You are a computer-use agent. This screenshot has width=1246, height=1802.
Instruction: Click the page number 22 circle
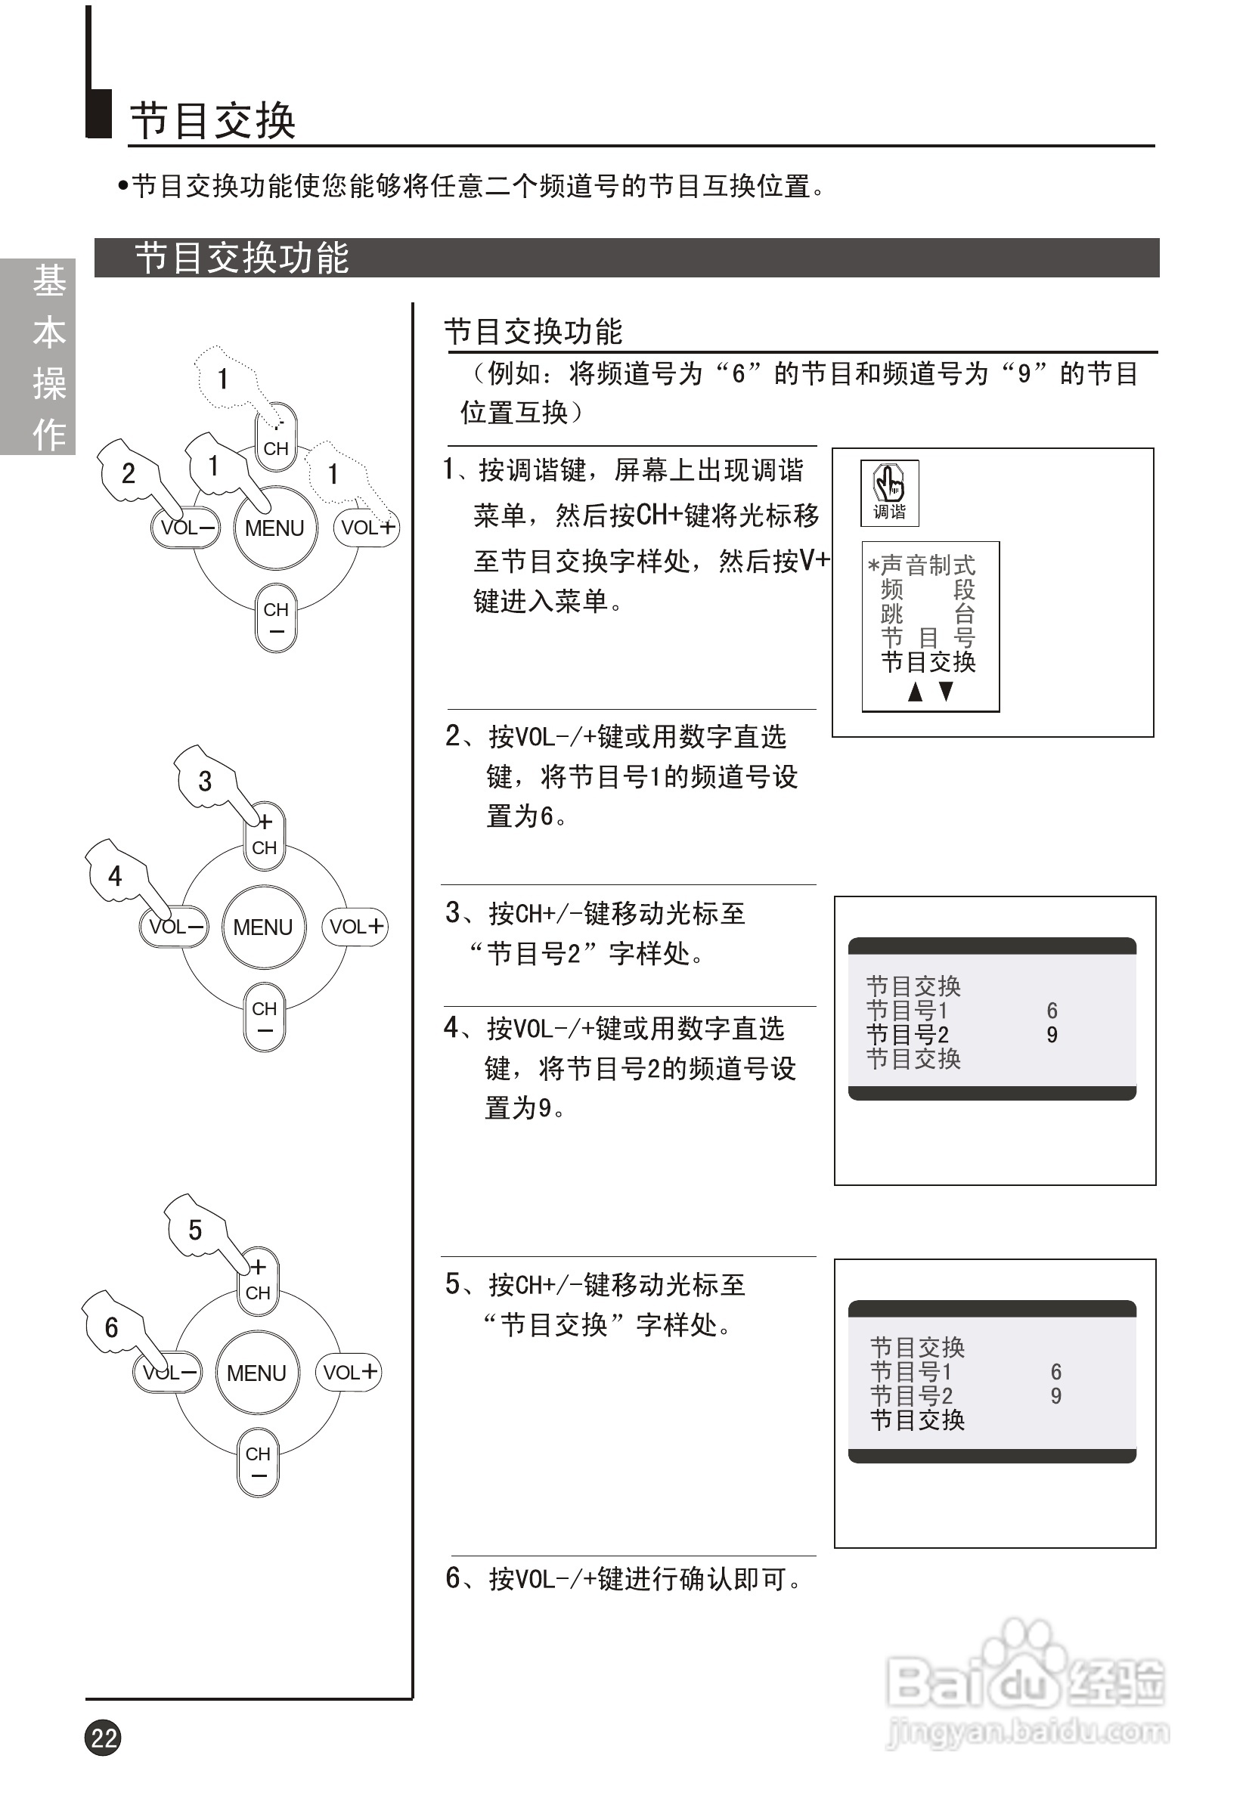click(x=103, y=1737)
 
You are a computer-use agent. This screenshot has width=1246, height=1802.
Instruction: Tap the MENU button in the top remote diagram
click(x=274, y=528)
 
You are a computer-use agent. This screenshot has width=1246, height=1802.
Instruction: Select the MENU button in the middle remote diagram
click(x=263, y=927)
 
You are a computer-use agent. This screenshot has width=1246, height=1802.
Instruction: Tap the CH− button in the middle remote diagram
click(x=265, y=1017)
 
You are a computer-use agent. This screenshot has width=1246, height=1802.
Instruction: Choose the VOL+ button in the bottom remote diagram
click(x=349, y=1372)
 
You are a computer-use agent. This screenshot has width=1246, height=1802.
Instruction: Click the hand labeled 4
click(x=116, y=874)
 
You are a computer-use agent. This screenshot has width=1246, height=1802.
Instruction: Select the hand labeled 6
click(x=112, y=1326)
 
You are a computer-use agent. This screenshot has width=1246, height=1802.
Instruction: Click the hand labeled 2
click(x=129, y=472)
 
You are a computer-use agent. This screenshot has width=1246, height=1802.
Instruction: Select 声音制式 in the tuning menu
click(x=927, y=564)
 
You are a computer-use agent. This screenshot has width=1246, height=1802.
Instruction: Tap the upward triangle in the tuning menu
click(x=915, y=692)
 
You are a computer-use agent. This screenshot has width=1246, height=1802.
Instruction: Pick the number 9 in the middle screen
click(x=1052, y=1035)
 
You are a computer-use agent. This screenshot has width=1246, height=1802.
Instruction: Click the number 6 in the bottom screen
click(x=1055, y=1371)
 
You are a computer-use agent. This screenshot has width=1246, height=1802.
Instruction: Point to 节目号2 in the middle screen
click(x=908, y=1035)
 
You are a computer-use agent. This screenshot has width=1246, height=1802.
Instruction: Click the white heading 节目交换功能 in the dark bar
click(x=242, y=259)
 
